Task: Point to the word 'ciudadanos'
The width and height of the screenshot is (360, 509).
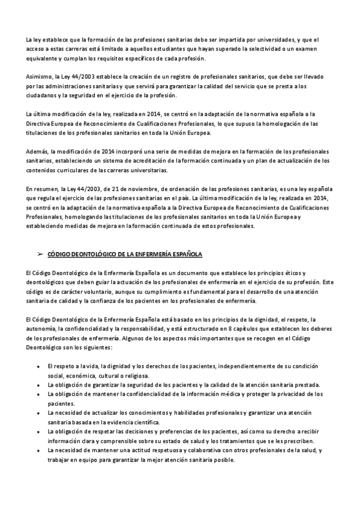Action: pyautogui.click(x=41, y=95)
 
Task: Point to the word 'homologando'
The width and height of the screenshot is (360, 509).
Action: pyautogui.click(x=80, y=217)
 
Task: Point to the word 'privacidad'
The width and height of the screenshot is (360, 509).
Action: pyautogui.click(x=292, y=394)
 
